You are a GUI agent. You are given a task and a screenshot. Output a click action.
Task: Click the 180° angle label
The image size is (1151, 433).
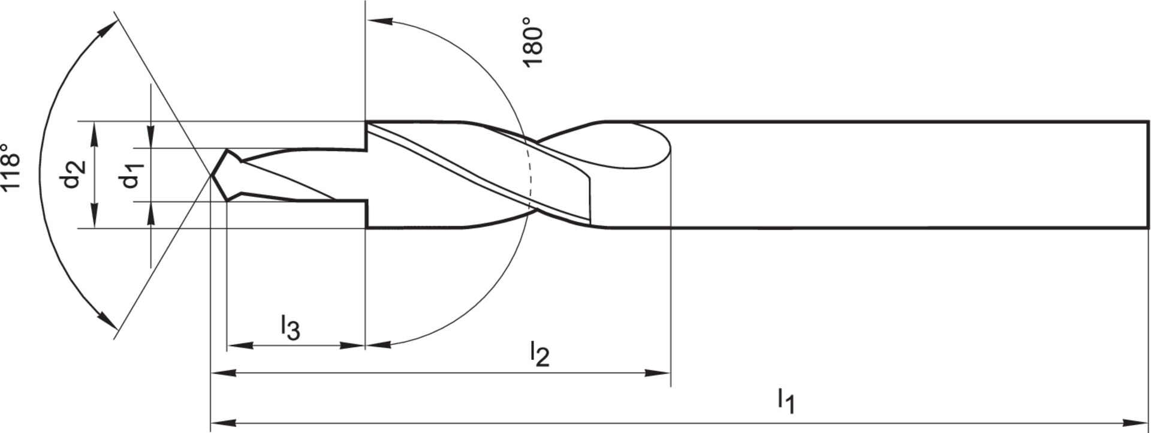click(533, 42)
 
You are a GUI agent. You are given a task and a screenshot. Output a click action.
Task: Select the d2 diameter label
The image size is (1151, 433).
click(74, 174)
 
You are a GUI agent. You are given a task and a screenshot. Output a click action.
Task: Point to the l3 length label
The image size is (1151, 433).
click(290, 328)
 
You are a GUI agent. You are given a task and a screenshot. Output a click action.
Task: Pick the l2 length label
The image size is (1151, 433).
click(540, 354)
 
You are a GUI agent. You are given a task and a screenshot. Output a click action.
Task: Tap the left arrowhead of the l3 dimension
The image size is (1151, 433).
click(236, 345)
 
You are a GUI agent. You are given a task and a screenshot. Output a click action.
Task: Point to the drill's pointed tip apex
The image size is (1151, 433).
click(212, 175)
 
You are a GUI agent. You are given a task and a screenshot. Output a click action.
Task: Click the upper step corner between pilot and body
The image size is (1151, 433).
click(366, 122)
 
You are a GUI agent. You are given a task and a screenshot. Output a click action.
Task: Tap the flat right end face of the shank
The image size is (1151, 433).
click(1148, 175)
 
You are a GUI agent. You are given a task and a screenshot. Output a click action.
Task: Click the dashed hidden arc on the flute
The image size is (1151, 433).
click(530, 174)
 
